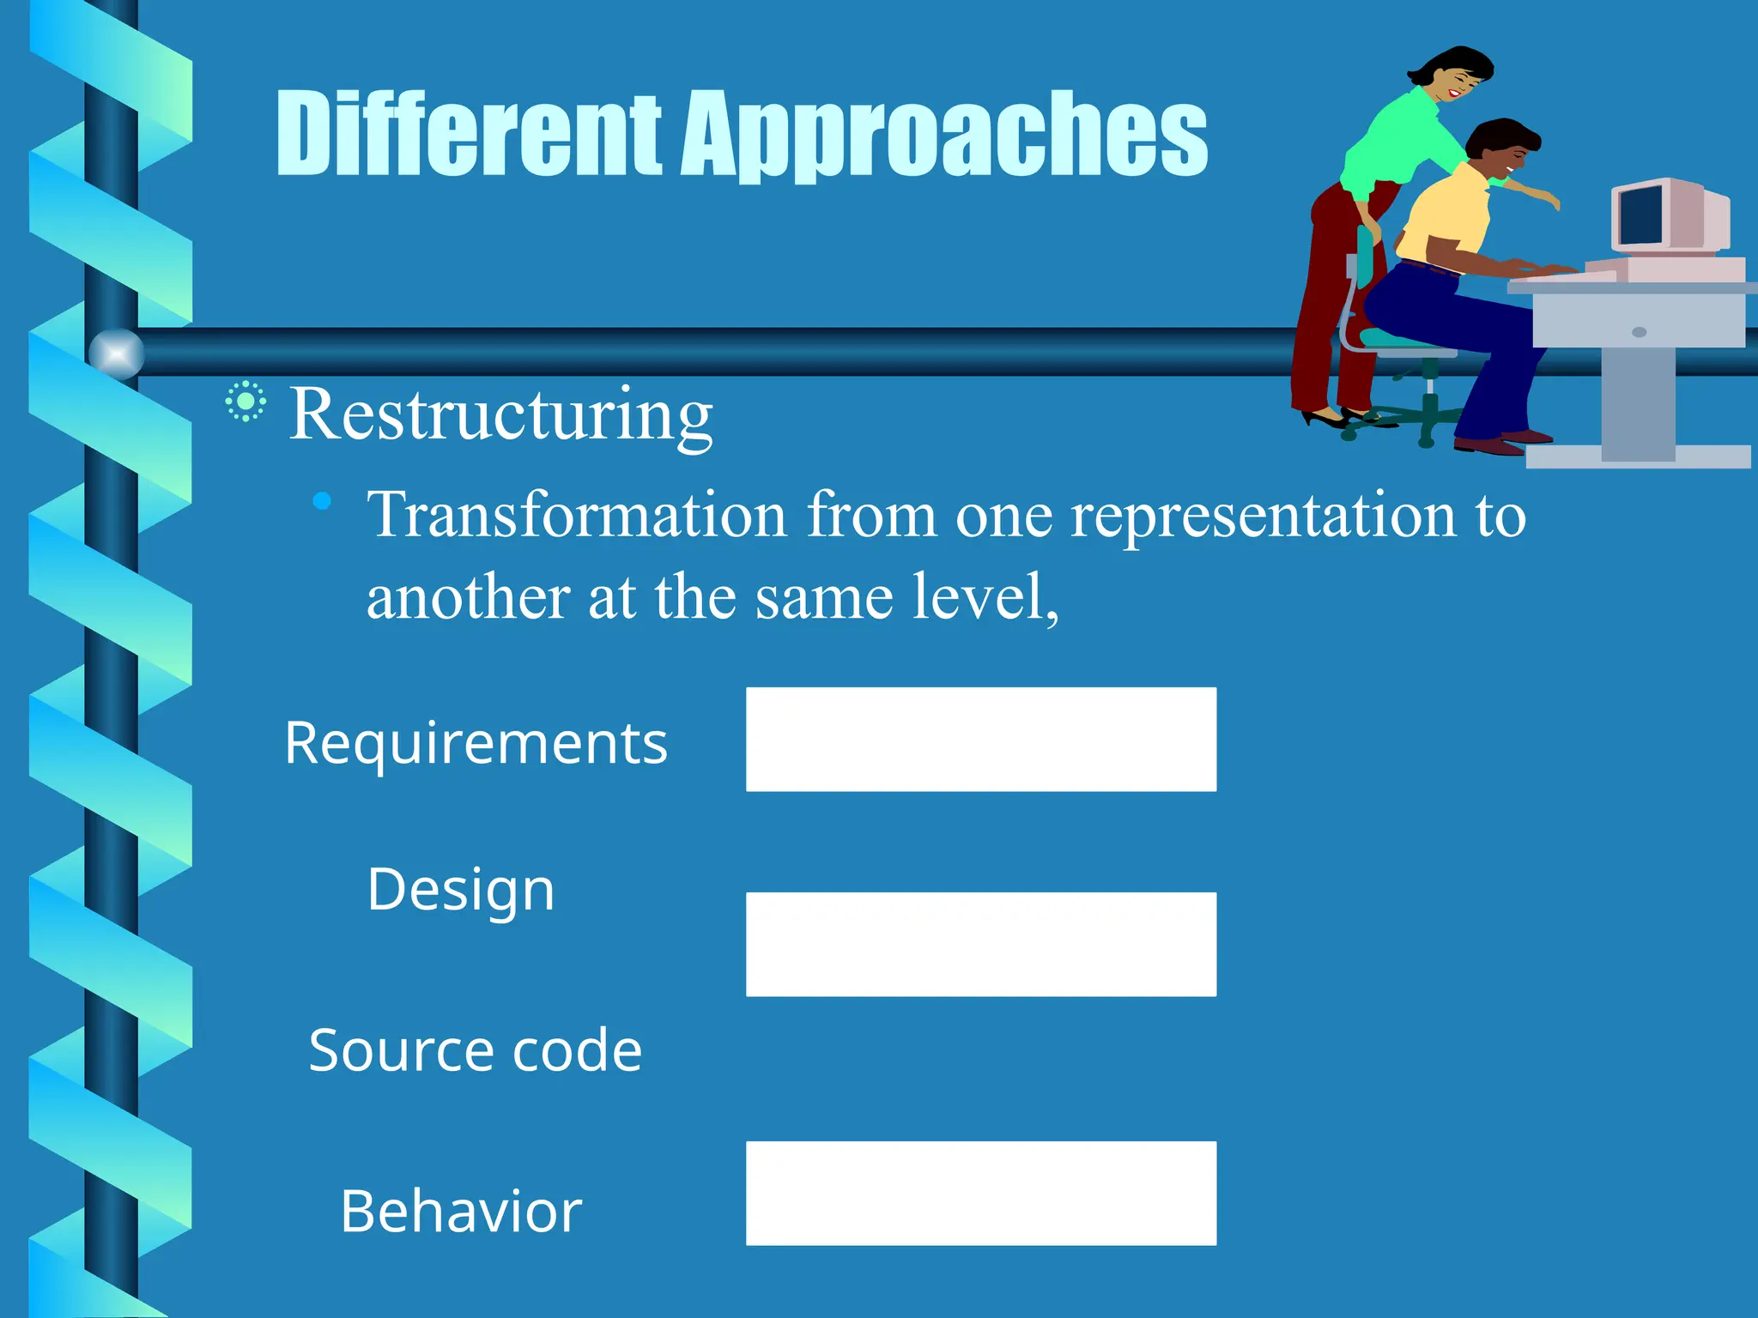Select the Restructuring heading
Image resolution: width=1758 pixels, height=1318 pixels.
[500, 414]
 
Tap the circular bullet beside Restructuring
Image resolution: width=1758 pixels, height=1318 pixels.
[246, 402]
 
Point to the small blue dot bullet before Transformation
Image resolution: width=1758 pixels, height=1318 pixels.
[322, 501]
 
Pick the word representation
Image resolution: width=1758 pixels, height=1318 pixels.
[1263, 517]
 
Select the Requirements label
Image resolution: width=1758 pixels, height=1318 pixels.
[476, 742]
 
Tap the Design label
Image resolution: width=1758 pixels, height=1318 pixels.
[461, 889]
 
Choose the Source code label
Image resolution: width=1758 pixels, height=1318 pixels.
[475, 1049]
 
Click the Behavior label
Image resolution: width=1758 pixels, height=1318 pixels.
[461, 1211]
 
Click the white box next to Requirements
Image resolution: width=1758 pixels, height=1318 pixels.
[980, 739]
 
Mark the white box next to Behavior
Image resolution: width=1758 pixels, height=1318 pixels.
[980, 1193]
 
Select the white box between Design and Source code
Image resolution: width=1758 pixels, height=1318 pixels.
[980, 944]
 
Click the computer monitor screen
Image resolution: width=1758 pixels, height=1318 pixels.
[1640, 215]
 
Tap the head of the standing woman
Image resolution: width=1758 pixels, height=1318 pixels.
[1456, 73]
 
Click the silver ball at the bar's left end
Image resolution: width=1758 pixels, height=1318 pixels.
[117, 354]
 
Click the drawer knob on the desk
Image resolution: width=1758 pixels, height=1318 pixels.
[1639, 332]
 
